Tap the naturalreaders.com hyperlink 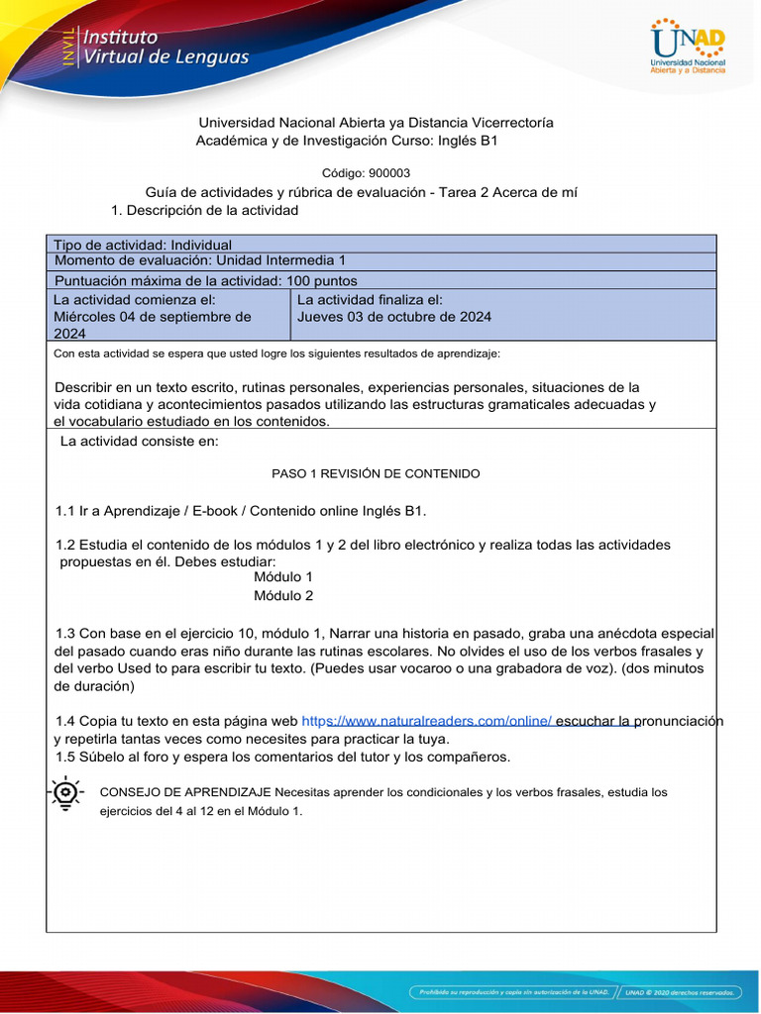pos(427,721)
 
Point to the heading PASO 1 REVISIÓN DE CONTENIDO pos(376,473)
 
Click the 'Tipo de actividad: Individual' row pos(143,245)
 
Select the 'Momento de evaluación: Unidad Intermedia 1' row pos(199,260)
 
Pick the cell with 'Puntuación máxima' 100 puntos pos(205,280)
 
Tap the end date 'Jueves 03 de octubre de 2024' pos(394,317)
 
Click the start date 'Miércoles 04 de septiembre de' pos(152,317)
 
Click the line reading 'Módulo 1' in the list pos(283,576)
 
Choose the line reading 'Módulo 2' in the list pos(283,595)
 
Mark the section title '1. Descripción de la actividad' pos(205,210)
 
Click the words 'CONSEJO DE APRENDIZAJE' pos(185,792)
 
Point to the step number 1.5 pos(65,757)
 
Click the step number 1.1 pos(65,510)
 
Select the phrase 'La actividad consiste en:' pos(139,441)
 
